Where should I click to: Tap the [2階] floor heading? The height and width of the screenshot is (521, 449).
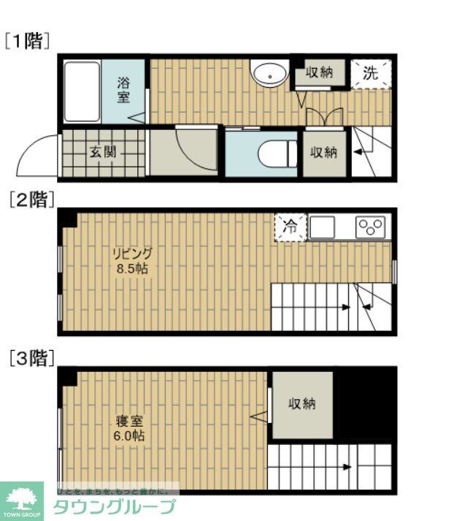[x=31, y=199]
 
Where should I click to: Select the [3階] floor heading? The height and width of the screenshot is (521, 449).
[x=31, y=357]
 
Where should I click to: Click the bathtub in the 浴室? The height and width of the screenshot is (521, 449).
[x=81, y=91]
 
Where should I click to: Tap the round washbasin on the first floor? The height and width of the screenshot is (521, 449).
[x=269, y=72]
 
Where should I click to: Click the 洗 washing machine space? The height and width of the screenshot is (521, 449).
[x=371, y=73]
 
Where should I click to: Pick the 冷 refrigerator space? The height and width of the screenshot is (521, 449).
[x=290, y=227]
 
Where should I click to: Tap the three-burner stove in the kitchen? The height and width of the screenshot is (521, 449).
[x=372, y=227]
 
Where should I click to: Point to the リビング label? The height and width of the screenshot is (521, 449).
[x=132, y=254]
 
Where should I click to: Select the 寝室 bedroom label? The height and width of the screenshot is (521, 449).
[x=129, y=422]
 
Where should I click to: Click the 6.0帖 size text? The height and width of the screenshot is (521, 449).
[x=129, y=436]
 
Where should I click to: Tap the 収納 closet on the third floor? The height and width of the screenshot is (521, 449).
[x=302, y=404]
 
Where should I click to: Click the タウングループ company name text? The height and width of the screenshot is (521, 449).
[x=115, y=506]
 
